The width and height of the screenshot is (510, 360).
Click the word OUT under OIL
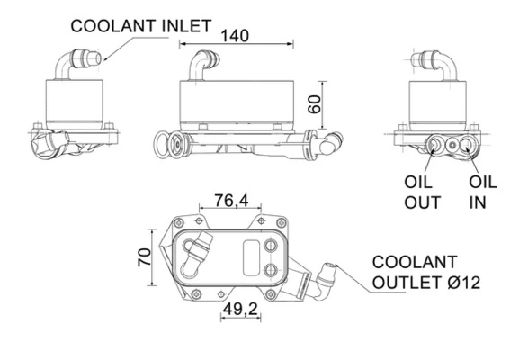click(x=422, y=203)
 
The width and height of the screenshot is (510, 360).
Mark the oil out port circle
click(x=439, y=145)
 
